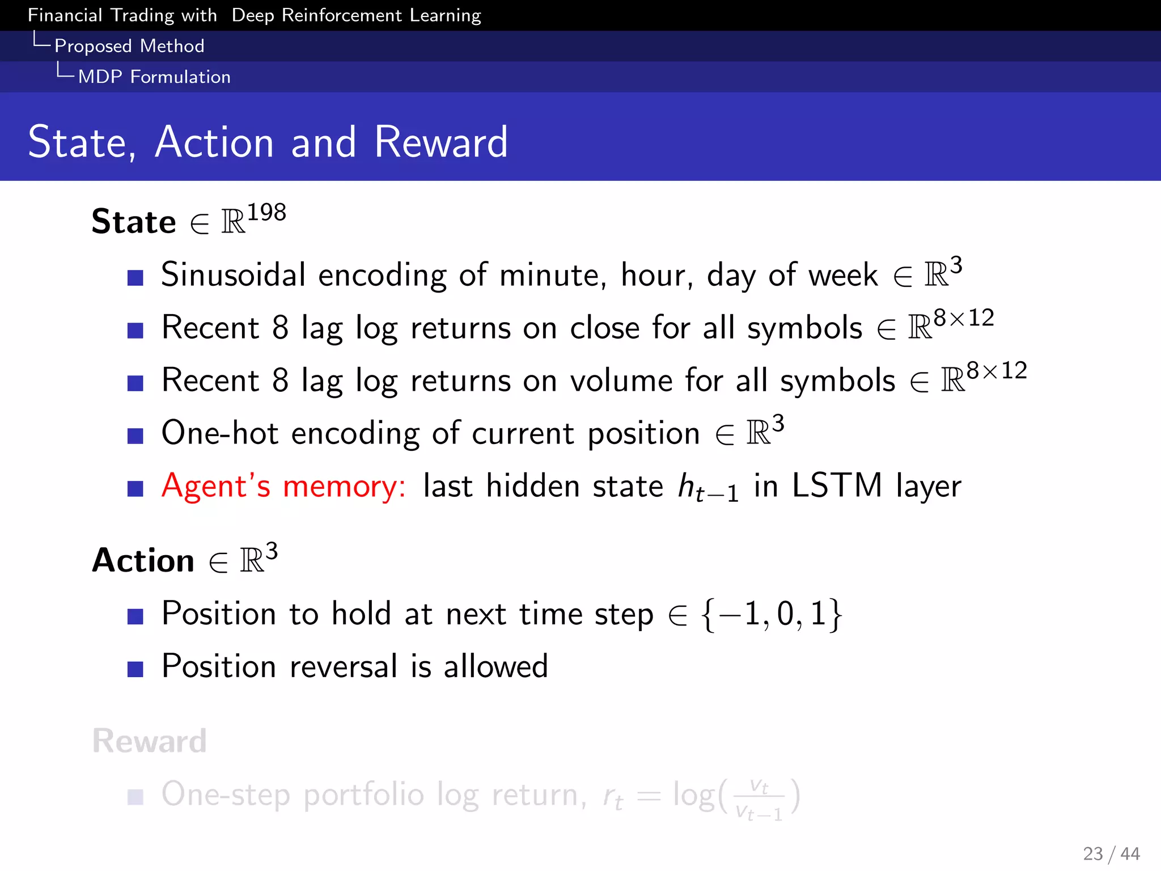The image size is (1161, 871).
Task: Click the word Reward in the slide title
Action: (x=440, y=142)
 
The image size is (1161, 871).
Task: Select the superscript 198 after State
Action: (x=266, y=213)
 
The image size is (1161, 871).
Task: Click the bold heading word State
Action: (x=134, y=222)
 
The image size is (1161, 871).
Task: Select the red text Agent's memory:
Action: (x=283, y=487)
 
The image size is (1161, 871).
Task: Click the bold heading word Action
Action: (x=143, y=561)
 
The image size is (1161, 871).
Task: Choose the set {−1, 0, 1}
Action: (x=772, y=614)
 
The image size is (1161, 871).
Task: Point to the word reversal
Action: (x=344, y=666)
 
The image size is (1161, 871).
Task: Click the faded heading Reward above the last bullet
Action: (x=150, y=741)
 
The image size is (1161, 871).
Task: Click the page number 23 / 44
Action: (x=1111, y=853)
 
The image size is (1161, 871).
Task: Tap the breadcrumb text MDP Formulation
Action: (x=154, y=77)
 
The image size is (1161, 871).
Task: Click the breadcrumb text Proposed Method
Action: (x=129, y=46)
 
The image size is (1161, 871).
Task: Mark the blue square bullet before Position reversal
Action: (x=135, y=669)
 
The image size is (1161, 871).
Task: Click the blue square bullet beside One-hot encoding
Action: (x=135, y=435)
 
